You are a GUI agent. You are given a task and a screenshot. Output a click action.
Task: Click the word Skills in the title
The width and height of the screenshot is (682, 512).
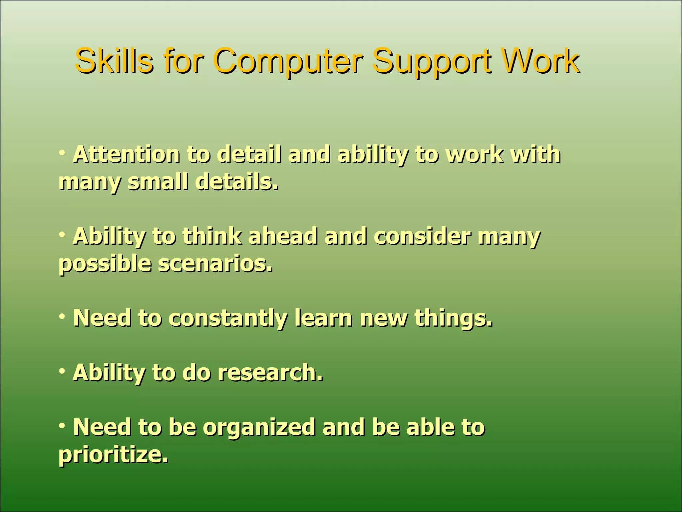(x=114, y=61)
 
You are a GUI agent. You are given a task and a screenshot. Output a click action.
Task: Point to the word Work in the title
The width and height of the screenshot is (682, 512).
(x=540, y=61)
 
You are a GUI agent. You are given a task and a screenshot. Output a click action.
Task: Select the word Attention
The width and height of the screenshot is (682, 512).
(x=126, y=155)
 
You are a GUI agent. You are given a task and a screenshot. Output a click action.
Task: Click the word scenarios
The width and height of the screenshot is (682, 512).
(x=215, y=264)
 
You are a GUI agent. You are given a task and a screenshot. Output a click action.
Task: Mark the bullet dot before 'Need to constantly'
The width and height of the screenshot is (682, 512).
(x=62, y=316)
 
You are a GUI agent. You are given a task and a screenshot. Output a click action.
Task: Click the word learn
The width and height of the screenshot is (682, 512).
(x=323, y=318)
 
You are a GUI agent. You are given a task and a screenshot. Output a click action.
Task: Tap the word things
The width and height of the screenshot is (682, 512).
(x=453, y=319)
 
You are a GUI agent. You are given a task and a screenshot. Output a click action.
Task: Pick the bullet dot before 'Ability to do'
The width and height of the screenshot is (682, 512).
(x=62, y=371)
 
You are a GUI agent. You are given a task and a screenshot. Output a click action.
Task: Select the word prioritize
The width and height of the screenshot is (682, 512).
(x=113, y=455)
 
